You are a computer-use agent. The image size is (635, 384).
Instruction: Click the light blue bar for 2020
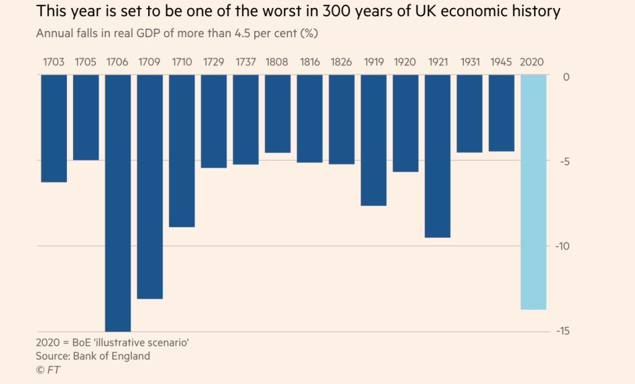533,192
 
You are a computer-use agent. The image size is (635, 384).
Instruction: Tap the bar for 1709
150,186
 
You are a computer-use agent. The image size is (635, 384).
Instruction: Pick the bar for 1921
438,156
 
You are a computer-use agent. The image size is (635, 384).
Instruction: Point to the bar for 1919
373,140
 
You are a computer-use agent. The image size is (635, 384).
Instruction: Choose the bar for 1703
54,128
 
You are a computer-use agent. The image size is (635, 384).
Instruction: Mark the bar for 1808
277,114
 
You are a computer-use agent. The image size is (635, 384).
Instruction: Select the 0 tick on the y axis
565,77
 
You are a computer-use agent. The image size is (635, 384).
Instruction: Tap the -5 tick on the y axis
563,162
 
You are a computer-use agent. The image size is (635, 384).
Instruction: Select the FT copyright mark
49,370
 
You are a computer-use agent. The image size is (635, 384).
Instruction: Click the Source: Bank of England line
94,356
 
